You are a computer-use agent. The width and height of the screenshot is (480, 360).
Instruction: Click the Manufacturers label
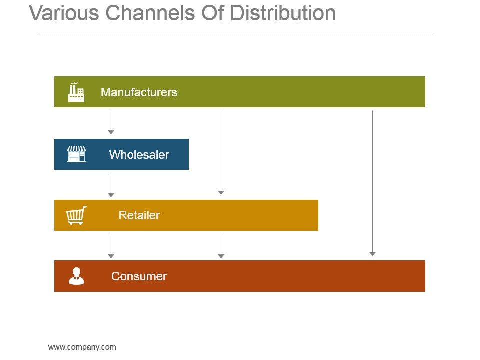point(139,92)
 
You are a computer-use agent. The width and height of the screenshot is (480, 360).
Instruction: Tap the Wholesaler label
point(139,155)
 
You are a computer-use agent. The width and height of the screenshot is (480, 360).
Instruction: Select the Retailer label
point(139,215)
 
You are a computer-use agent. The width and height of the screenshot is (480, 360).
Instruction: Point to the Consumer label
point(139,276)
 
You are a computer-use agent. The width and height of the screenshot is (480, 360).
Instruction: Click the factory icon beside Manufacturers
point(76,92)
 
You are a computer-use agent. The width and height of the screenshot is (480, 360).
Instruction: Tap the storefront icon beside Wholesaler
point(76,154)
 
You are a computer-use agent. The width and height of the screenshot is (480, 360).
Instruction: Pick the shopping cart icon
point(76,215)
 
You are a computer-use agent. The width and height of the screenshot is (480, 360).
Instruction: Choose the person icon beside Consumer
point(76,276)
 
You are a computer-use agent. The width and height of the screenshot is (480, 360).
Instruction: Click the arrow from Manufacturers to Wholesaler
point(111,122)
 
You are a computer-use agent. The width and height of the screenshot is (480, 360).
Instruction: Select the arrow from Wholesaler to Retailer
point(111,185)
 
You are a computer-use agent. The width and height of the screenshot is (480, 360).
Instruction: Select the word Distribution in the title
point(283,13)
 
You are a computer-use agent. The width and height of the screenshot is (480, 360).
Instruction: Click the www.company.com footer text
point(82,347)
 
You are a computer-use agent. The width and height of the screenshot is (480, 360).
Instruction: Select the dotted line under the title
point(236,32)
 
